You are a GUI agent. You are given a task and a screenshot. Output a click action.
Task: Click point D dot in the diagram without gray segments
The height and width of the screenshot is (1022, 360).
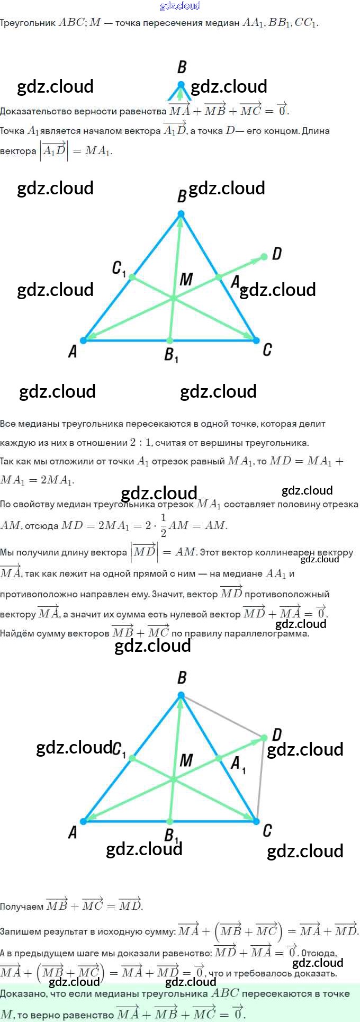tap(264, 257)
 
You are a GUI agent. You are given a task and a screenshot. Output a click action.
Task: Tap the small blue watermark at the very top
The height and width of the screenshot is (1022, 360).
tap(180, 6)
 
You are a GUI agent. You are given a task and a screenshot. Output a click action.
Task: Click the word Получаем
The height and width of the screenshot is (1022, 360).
tap(22, 907)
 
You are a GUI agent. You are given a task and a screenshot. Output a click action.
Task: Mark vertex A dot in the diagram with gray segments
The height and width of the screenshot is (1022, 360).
tap(84, 821)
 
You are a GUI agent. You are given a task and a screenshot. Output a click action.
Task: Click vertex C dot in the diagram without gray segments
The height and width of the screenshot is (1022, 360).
tap(256, 340)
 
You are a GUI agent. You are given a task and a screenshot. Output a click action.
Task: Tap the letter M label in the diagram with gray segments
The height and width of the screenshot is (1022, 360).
tap(186, 761)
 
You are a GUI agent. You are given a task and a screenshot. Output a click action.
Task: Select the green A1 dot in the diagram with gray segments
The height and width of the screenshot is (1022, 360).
tap(219, 758)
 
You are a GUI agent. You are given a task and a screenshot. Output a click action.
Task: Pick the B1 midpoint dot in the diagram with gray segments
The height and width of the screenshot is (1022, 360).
tap(169, 821)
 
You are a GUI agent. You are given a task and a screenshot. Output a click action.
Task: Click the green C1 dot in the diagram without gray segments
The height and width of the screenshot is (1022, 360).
tap(132, 277)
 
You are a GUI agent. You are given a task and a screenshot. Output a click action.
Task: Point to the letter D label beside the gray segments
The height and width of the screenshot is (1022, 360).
tap(276, 735)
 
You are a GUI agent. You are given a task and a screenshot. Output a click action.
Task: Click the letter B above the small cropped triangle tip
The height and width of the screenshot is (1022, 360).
tap(182, 67)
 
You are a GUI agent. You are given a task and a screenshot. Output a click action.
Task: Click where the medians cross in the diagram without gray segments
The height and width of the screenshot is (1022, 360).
tap(173, 299)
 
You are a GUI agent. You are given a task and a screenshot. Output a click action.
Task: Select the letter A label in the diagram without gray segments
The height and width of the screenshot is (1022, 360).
tap(73, 351)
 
